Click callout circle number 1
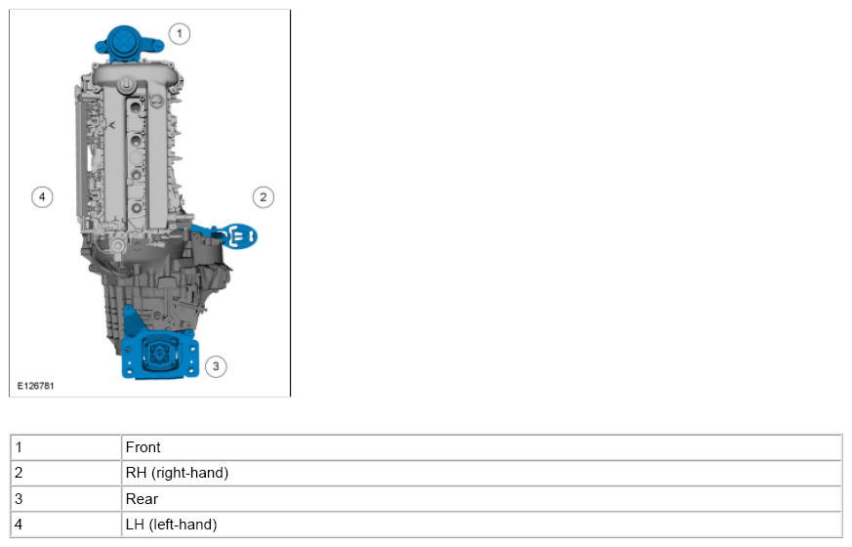click(x=180, y=34)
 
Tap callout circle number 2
click(x=264, y=197)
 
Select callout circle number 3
click(x=216, y=366)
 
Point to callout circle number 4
click(x=42, y=197)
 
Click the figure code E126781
click(x=36, y=386)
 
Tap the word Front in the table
click(x=142, y=447)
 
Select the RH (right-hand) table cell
click(x=481, y=473)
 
